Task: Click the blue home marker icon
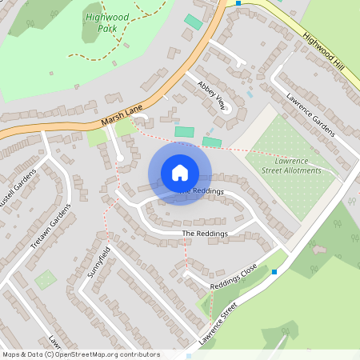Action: pos(180,173)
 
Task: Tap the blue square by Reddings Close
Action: pos(274,272)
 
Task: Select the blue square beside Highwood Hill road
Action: pos(238,3)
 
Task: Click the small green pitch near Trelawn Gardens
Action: pos(46,279)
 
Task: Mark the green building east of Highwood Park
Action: pos(194,22)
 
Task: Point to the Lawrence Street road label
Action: pos(219,323)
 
